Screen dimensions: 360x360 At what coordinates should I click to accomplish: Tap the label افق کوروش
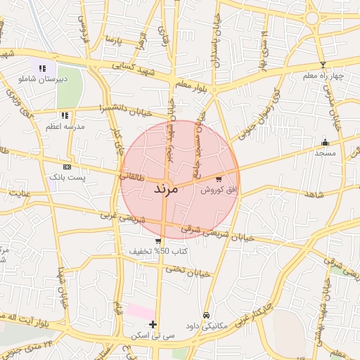tap(218, 190)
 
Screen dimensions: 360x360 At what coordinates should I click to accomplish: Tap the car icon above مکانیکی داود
tap(206, 315)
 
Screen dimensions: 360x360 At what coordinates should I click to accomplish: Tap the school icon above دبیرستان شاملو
tap(42, 68)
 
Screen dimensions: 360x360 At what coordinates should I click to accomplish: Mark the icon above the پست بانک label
tap(67, 167)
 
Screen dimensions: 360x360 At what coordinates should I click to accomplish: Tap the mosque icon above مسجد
tap(325, 142)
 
